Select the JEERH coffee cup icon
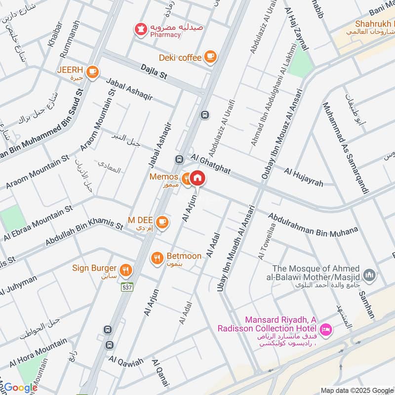[x=92, y=73]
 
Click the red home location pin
[x=197, y=178]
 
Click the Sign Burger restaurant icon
[x=126, y=270]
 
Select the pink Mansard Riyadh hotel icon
[x=325, y=329]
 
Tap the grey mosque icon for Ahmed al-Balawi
[x=369, y=274]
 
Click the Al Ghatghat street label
[x=211, y=162]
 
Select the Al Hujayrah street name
[x=303, y=177]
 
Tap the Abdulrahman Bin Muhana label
[x=313, y=223]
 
